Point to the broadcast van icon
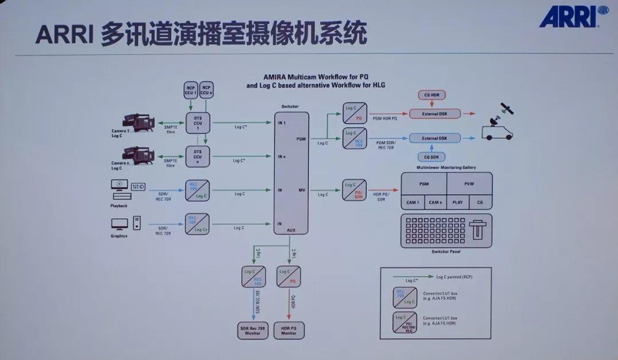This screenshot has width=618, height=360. point(497,130)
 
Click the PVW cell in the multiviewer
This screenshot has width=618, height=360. point(469,184)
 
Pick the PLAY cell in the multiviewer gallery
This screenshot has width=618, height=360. point(458,202)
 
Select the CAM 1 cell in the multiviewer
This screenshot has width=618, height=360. point(413,202)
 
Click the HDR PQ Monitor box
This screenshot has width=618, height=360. point(288,330)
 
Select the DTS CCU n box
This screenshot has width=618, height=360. point(197,156)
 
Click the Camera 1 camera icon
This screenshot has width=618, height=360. point(139,122)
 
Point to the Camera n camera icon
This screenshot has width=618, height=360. point(139,155)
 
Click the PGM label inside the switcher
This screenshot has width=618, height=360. point(301,139)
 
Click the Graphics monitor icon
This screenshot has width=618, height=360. point(120,223)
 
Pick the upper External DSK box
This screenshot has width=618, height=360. point(434,114)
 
